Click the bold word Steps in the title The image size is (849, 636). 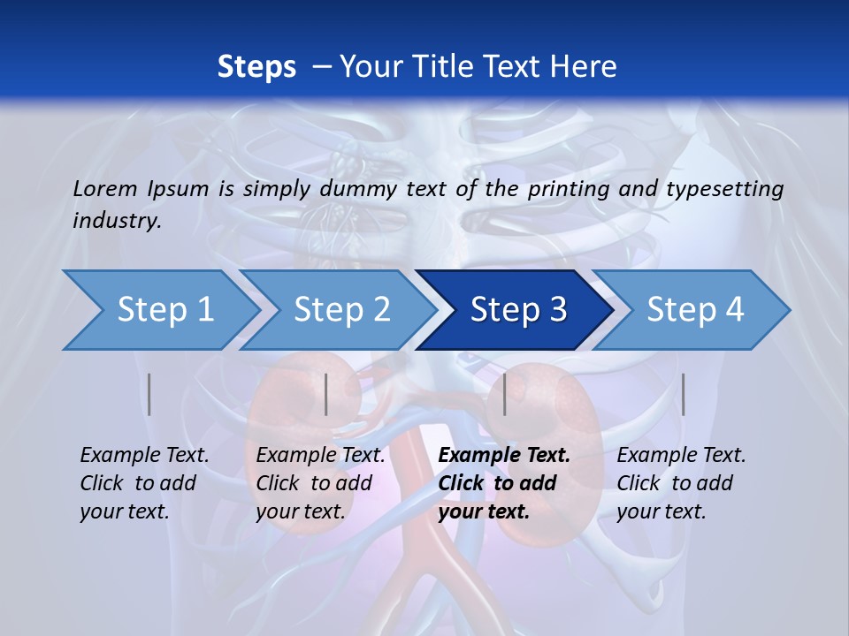256,67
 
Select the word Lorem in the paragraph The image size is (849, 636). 105,188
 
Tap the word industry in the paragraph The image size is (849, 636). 117,221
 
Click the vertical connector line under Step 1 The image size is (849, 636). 149,395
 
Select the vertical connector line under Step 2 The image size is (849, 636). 326,395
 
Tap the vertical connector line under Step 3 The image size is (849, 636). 504,395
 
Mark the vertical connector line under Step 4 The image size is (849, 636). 683,395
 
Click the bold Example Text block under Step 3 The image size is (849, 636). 504,483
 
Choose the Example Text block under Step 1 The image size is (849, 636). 144,483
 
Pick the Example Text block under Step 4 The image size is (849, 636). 681,483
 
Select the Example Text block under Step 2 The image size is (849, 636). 320,483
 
